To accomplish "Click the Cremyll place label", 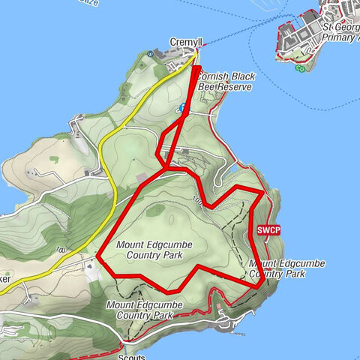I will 183,43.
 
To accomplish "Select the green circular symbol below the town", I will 300,69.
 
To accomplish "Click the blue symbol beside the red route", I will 182,108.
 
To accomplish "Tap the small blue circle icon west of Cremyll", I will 154,54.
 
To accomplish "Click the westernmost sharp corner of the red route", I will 98,256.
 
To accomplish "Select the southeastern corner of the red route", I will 259,286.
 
